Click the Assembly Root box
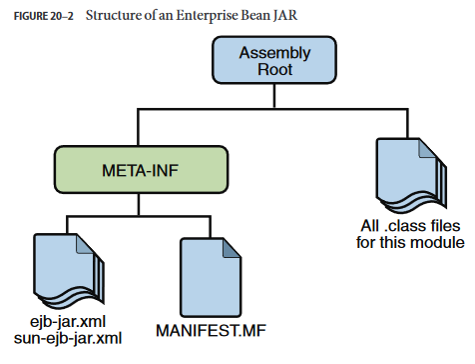point(274,60)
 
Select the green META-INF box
point(141,170)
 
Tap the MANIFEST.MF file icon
point(211,277)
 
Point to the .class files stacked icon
point(411,175)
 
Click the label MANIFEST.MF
point(211,331)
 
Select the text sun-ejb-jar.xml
point(68,338)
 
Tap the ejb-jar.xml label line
point(68,322)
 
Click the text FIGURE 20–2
point(43,16)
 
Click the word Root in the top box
point(275,69)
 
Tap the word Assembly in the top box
point(274,53)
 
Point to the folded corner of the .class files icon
point(427,149)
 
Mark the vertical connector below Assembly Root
point(274,96)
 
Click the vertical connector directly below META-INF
point(139,205)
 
